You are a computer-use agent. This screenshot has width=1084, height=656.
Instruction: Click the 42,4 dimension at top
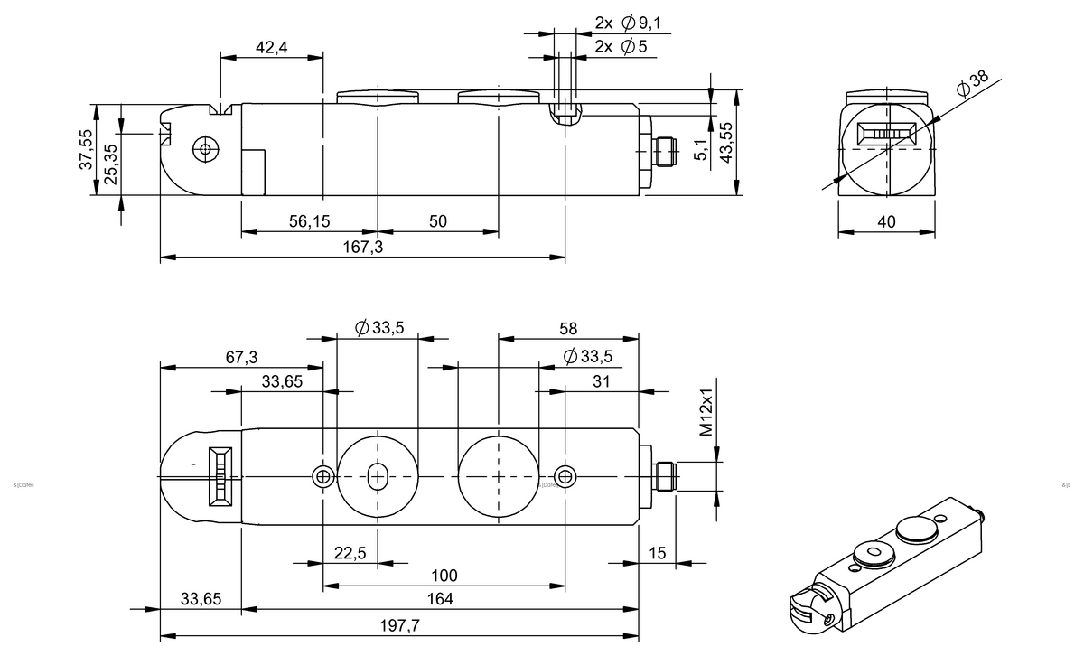coord(271,48)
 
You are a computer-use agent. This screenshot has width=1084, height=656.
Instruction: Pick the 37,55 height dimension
coord(86,149)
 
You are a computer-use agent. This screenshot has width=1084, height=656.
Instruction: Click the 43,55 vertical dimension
coord(724,142)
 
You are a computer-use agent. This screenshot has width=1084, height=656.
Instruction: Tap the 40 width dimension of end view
coord(886,221)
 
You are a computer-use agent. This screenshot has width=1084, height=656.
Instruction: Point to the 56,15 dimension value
coord(309,221)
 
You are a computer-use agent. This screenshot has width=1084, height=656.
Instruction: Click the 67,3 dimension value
coord(240,358)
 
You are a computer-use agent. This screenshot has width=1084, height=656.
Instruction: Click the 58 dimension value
coord(567,328)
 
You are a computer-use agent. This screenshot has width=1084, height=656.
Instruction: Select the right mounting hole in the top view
coord(565,476)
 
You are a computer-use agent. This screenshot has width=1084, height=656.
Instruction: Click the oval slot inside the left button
coord(378,475)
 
